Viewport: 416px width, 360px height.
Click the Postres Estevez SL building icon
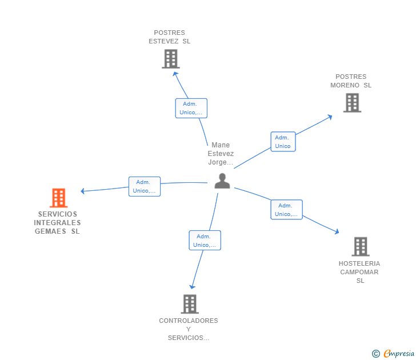(x=170, y=59)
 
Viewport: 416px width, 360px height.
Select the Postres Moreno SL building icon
(x=352, y=103)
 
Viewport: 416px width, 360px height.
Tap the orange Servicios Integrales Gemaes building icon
(x=58, y=198)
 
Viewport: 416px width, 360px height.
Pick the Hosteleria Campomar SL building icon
(x=360, y=246)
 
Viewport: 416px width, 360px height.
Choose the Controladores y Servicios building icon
(x=190, y=304)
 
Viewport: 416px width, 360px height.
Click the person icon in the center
(x=222, y=181)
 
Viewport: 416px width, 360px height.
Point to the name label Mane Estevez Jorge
(x=220, y=154)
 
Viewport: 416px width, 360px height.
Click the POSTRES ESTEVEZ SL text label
(x=170, y=37)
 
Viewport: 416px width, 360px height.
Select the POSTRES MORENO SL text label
(x=351, y=81)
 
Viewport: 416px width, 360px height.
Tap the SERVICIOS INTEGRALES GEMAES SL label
(x=57, y=223)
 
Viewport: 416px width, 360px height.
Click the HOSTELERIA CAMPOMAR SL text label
(x=359, y=272)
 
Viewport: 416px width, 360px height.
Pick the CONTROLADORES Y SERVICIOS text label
(x=189, y=329)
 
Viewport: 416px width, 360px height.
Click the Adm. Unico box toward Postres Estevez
(x=191, y=108)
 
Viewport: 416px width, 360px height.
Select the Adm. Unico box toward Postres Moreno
(x=283, y=142)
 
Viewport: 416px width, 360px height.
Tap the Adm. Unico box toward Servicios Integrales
(x=145, y=186)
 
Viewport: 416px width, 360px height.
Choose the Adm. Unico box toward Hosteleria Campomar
(x=286, y=210)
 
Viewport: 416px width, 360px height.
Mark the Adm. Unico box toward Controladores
(x=205, y=241)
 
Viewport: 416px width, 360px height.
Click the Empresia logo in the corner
(x=398, y=354)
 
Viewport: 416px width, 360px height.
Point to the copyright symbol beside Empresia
(x=375, y=354)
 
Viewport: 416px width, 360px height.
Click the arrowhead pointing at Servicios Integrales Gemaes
(x=83, y=191)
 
